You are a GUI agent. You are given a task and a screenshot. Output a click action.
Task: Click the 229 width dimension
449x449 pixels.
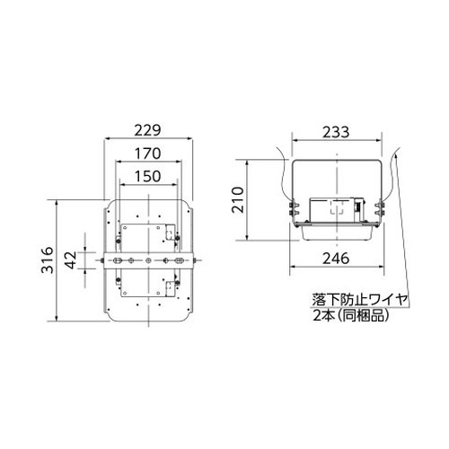pos(147,130)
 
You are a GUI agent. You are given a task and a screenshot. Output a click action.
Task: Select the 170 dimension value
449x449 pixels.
pos(147,154)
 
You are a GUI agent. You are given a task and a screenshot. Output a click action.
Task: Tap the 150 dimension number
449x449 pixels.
pos(147,176)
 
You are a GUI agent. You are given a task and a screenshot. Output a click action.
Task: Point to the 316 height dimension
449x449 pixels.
pos(47,260)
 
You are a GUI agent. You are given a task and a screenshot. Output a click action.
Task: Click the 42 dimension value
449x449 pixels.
pos(71,260)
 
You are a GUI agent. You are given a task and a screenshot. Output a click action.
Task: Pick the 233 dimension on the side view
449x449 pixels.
pos(336,132)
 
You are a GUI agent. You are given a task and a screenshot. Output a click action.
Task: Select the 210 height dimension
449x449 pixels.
pos(238,199)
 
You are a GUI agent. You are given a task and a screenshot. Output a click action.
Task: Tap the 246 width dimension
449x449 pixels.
pos(336,259)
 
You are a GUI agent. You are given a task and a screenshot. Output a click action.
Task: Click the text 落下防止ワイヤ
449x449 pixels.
pos(360,299)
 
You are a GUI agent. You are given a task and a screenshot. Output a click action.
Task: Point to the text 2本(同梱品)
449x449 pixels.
pos(351,315)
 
